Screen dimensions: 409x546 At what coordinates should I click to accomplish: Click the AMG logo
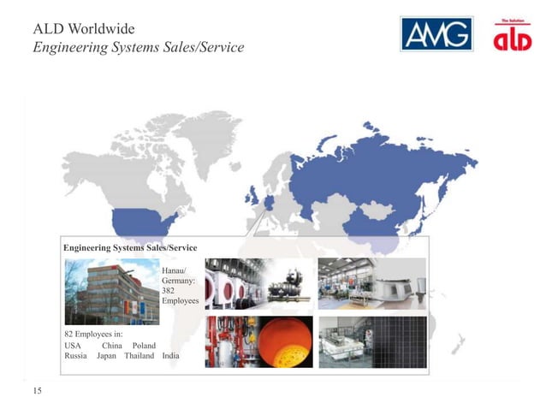436,33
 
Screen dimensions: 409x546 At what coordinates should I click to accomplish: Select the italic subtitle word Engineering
73,46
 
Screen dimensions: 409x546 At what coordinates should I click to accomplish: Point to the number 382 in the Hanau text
169,290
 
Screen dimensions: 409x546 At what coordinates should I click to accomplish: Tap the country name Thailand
139,356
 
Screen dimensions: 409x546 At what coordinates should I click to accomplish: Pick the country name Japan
106,356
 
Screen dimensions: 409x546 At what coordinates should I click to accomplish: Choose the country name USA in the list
74,344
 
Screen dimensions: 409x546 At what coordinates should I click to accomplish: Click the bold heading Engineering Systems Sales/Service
130,247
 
